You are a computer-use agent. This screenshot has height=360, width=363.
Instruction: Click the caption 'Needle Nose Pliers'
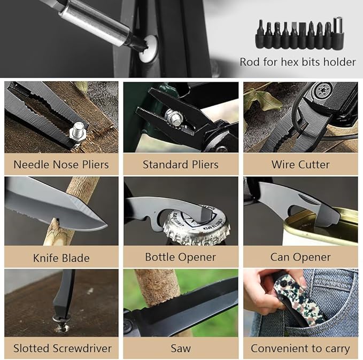61,165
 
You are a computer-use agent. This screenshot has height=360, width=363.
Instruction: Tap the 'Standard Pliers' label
181,165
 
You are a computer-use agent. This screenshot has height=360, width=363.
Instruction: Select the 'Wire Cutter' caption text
300,165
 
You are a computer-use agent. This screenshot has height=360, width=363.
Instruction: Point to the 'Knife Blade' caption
61,258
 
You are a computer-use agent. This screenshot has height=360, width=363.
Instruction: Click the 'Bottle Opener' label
181,257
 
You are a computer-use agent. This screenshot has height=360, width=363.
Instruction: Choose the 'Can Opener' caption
300,257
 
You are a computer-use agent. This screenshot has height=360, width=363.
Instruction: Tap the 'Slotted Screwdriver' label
62,348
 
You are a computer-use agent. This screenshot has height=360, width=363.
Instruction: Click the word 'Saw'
181,348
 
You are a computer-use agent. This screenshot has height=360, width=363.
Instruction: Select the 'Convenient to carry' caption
300,349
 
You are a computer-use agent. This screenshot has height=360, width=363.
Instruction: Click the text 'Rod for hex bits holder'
298,62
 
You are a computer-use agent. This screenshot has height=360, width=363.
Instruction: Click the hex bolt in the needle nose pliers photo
78,132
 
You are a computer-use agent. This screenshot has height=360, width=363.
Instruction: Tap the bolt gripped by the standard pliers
174,118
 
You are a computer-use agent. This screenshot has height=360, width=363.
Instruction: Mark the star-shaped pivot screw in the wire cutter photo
322,89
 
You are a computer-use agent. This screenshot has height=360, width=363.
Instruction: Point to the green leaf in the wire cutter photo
262,99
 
